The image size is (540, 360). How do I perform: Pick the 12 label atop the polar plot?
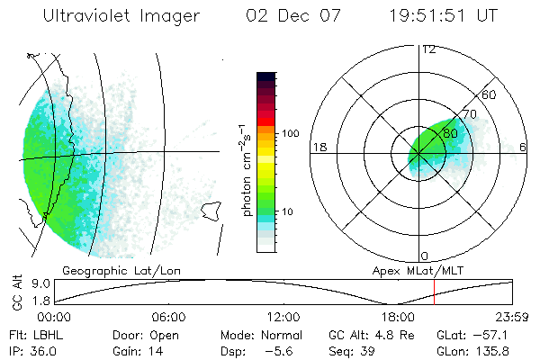[x=429, y=49]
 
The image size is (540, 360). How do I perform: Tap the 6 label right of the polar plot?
[x=522, y=147]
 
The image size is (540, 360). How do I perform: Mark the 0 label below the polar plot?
[x=425, y=256]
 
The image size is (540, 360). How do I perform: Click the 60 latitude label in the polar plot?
[x=490, y=94]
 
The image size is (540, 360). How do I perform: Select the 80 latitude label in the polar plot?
[x=451, y=133]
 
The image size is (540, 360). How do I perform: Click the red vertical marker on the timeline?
[x=435, y=291]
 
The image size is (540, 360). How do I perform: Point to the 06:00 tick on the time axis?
[x=168, y=317]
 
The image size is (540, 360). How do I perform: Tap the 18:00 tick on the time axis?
[x=398, y=317]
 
